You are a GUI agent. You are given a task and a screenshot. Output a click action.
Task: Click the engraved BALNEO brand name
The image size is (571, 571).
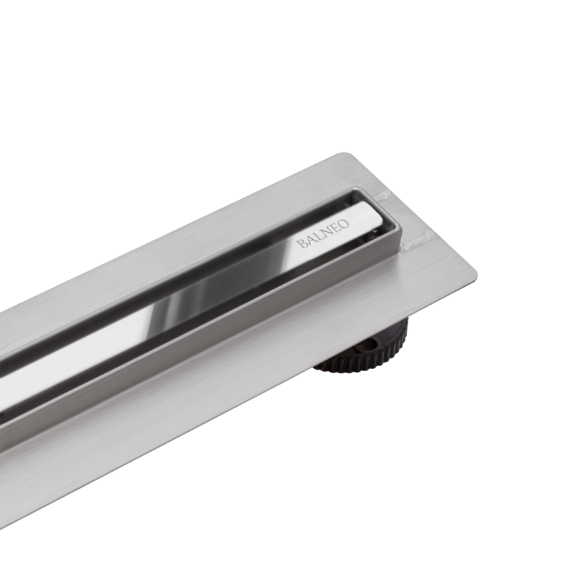(x=323, y=233)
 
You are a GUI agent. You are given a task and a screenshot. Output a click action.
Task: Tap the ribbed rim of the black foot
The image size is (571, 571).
(x=357, y=365)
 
